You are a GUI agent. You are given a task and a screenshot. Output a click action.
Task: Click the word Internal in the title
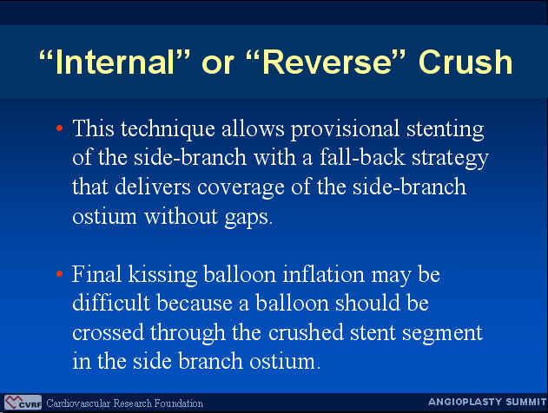click(x=115, y=62)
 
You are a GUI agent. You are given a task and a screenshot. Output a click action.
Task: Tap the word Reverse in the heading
click(x=327, y=62)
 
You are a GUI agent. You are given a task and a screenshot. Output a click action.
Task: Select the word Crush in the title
click(x=465, y=62)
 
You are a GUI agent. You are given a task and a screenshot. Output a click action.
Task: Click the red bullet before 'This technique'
click(x=59, y=128)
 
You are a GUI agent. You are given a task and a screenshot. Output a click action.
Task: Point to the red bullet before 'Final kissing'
click(x=59, y=273)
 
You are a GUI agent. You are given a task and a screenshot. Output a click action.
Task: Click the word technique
click(x=168, y=129)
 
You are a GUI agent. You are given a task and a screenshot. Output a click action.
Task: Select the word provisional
click(x=345, y=129)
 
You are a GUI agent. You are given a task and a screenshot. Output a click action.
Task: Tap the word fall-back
click(x=362, y=157)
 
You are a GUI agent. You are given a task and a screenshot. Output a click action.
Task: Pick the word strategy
click(x=450, y=159)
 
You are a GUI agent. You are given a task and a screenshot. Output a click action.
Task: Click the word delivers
click(x=153, y=187)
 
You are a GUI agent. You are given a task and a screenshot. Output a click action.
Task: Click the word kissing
click(x=162, y=274)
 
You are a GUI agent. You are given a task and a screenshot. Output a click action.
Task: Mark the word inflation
click(x=323, y=274)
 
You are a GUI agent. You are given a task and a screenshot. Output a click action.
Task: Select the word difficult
click(x=111, y=302)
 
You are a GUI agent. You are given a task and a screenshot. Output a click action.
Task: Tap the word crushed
click(x=306, y=332)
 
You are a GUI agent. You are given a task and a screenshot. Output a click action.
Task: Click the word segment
click(x=442, y=333)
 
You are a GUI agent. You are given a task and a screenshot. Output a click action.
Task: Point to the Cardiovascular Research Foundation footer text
click(x=124, y=403)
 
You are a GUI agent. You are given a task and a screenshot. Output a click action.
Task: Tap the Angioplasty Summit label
click(x=487, y=402)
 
